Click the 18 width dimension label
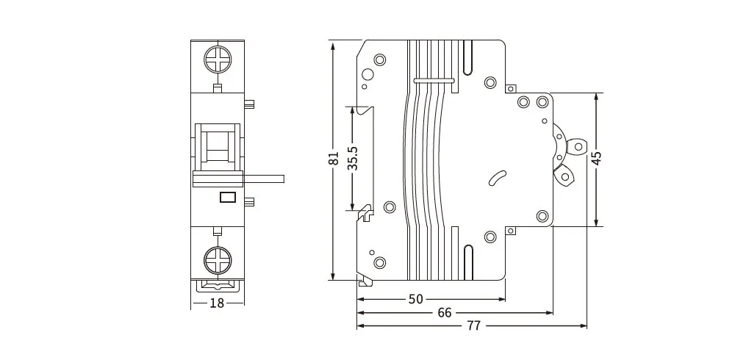[x=217, y=303]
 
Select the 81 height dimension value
[x=334, y=159]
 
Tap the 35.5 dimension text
[x=354, y=158]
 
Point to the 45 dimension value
[x=597, y=159]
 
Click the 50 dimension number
[x=416, y=299]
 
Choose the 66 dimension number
[x=445, y=312]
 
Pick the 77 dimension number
[x=473, y=325]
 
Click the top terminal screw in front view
[x=218, y=60]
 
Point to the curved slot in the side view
[x=498, y=178]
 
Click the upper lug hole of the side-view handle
[x=578, y=146]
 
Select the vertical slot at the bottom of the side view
[x=469, y=262]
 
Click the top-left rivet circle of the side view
[x=379, y=60]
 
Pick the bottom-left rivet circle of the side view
[x=379, y=262]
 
